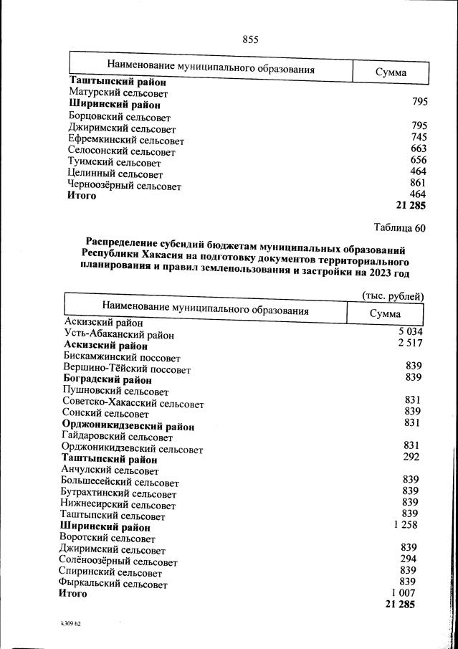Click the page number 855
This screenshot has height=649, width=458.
pyautogui.click(x=250, y=39)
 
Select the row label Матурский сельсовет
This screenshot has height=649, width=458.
pyautogui.click(x=118, y=93)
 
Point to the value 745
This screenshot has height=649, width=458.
pyautogui.click(x=419, y=137)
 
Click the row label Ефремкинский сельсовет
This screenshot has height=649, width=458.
pyautogui.click(x=125, y=141)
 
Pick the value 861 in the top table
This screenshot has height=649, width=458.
pyautogui.click(x=419, y=183)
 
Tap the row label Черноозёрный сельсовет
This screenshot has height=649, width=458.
pyautogui.click(x=124, y=186)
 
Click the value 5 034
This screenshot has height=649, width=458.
pyautogui.click(x=411, y=331)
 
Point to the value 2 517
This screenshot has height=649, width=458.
pyautogui.click(x=411, y=344)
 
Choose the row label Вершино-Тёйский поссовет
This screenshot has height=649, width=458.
pyautogui.click(x=127, y=369)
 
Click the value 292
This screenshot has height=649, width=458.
pyautogui.click(x=411, y=457)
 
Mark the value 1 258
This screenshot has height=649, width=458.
pyautogui.click(x=405, y=525)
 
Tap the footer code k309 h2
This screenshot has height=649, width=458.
pyautogui.click(x=71, y=624)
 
